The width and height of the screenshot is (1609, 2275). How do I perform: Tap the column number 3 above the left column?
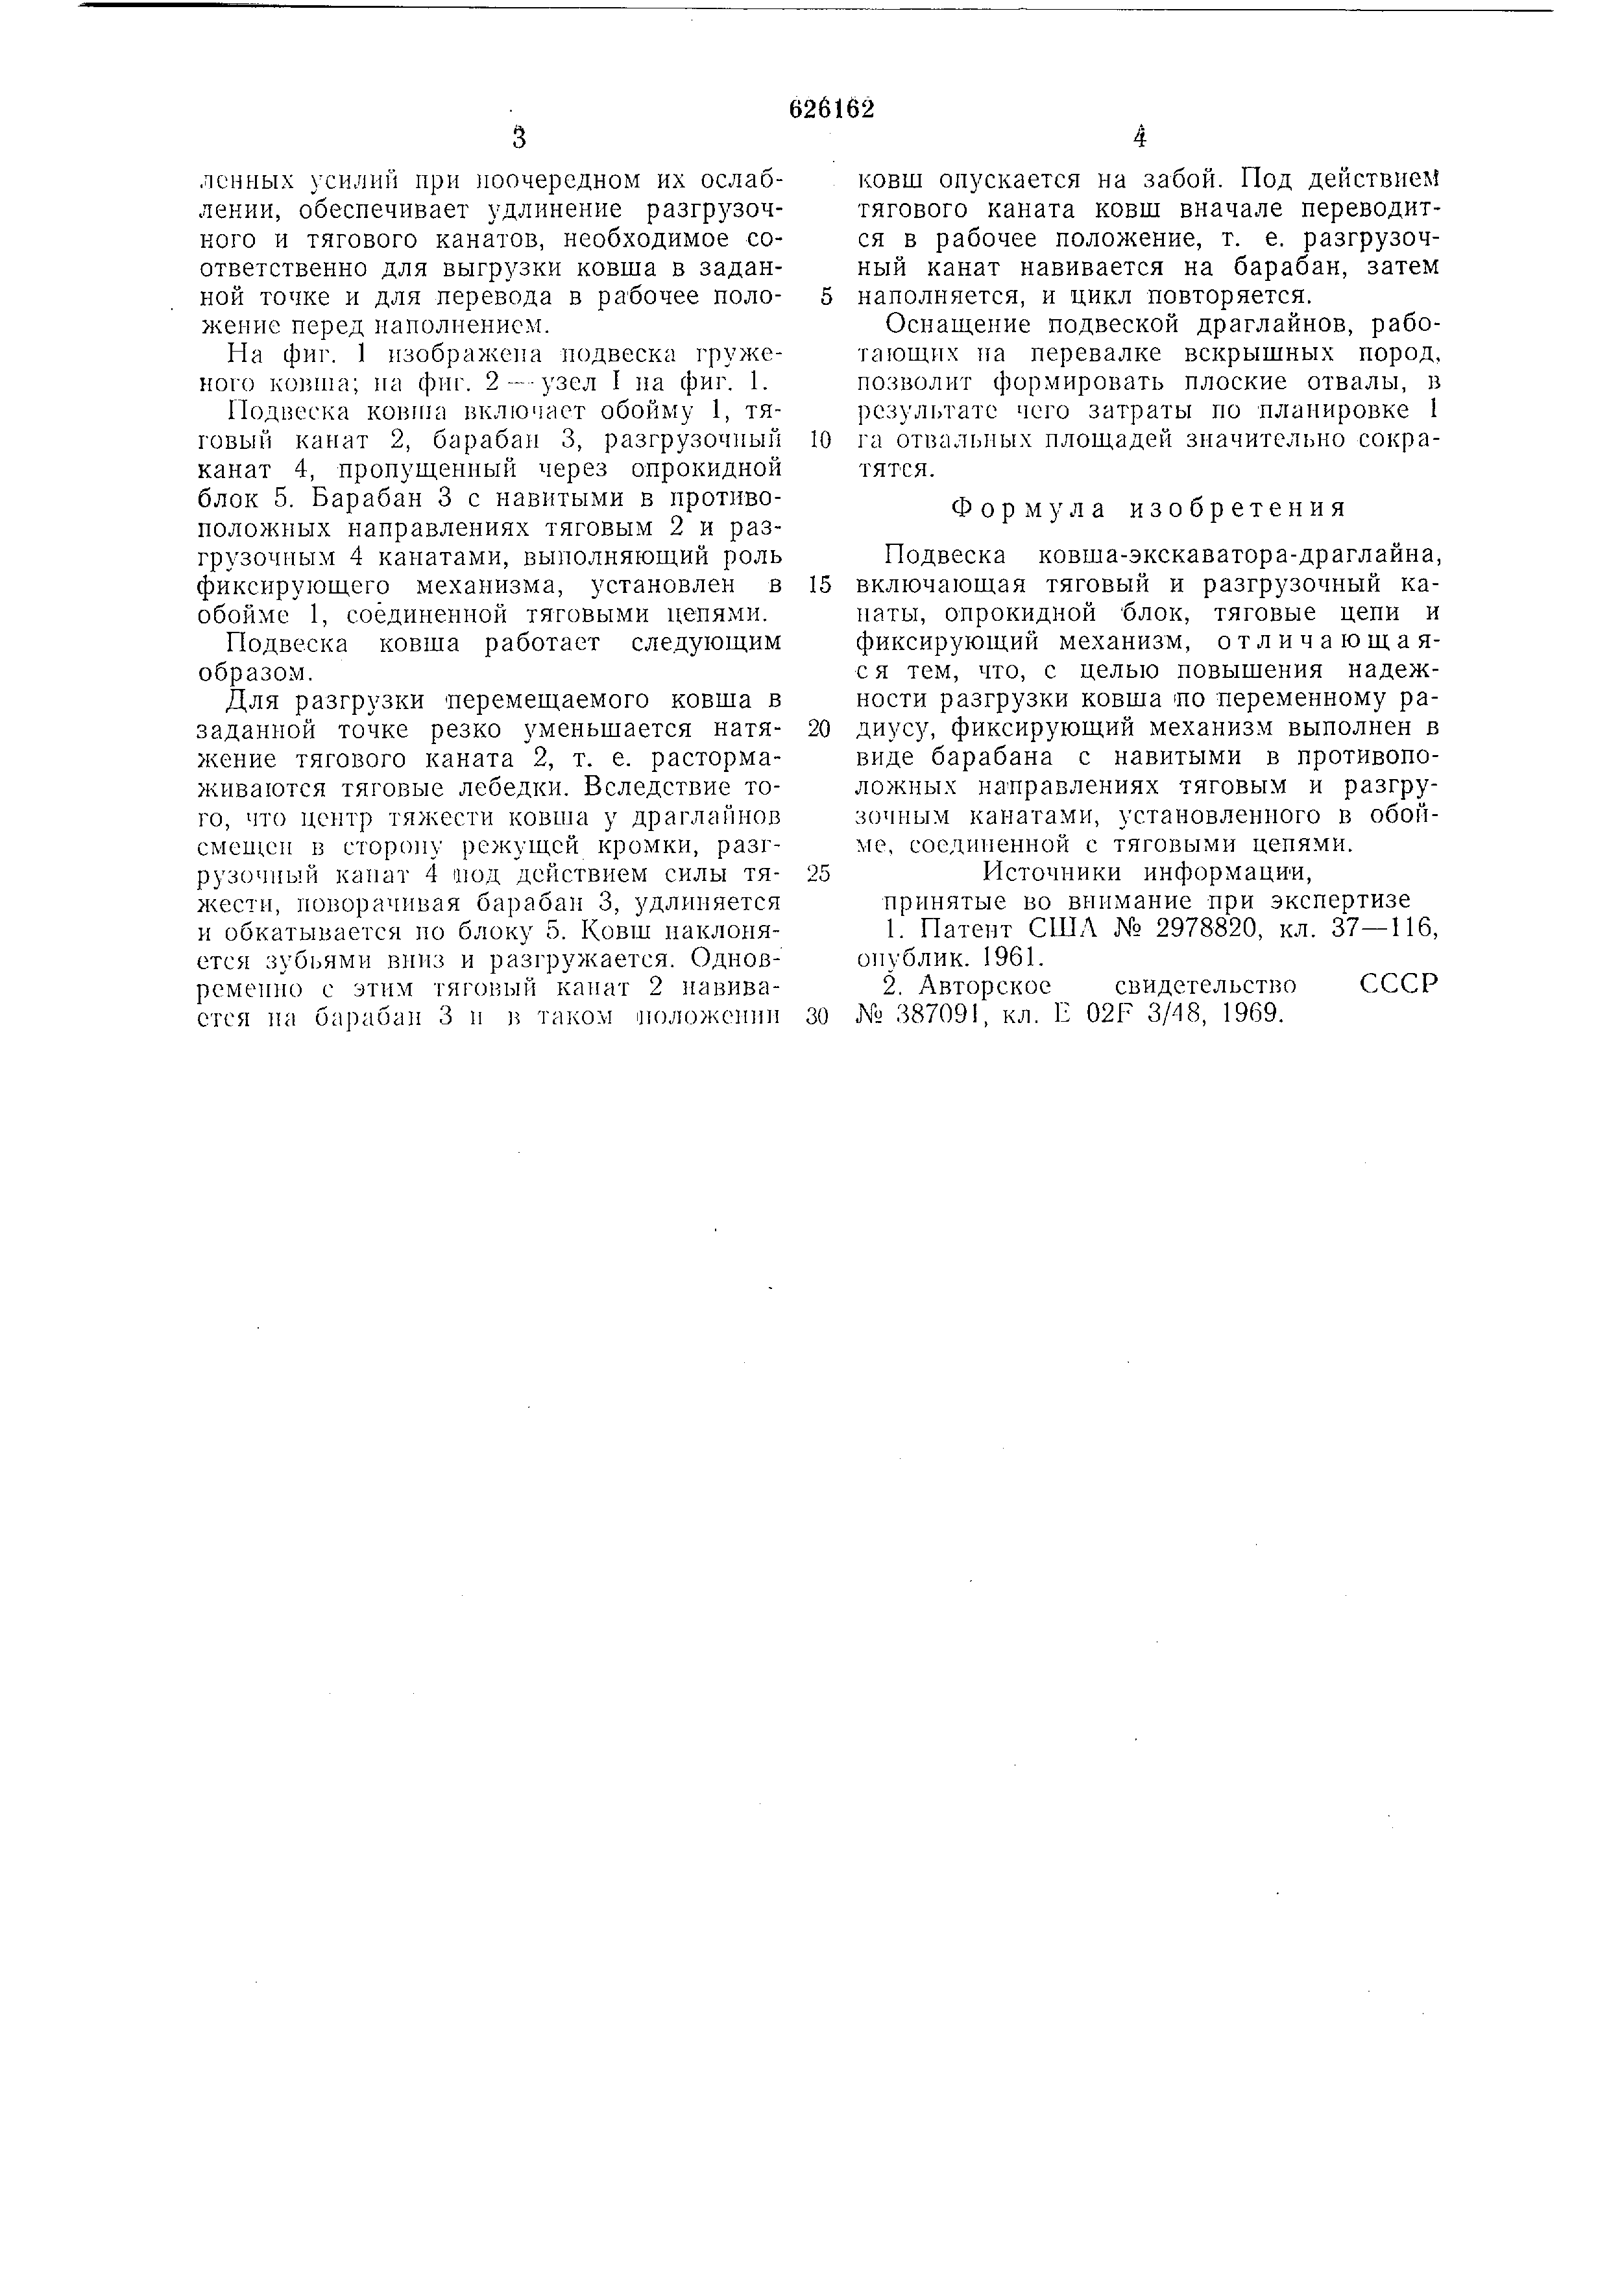518,139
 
